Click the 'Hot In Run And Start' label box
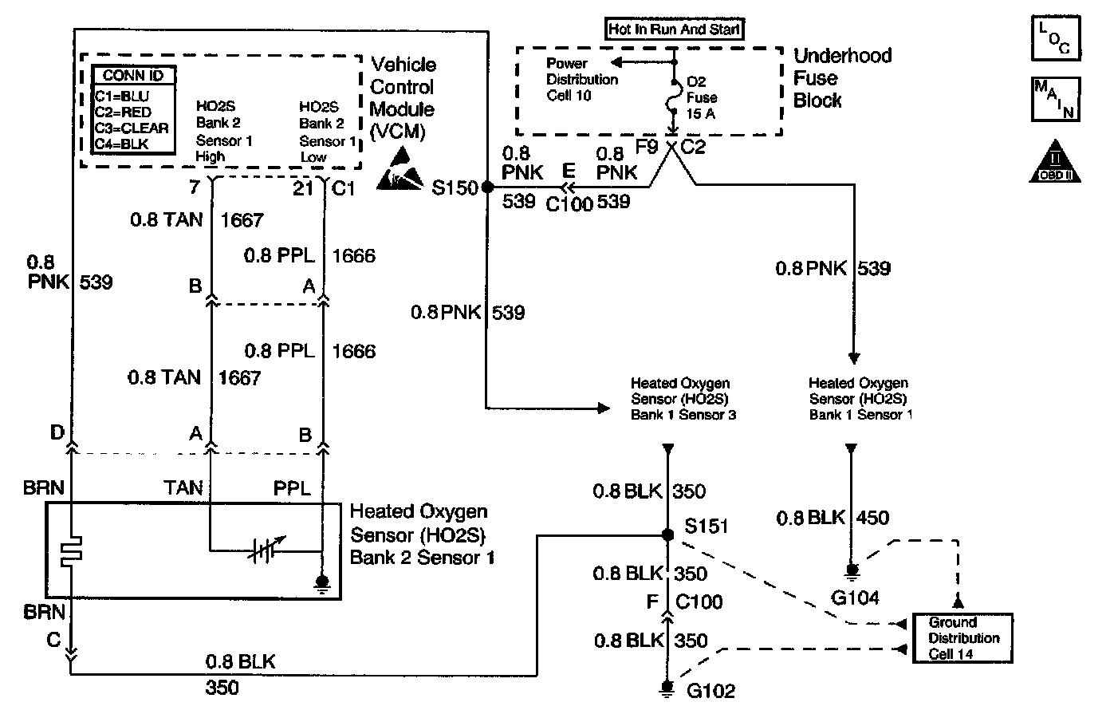coord(674,30)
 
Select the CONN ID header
coord(133,76)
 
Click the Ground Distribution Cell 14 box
coord(962,638)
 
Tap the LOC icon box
coord(1057,39)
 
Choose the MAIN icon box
coord(1057,99)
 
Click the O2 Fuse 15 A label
coord(702,97)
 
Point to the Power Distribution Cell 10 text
coord(581,79)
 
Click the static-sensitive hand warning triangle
coord(400,169)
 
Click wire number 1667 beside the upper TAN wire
coord(242,220)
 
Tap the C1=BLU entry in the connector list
coord(121,97)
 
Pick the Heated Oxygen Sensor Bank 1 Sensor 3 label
coord(683,399)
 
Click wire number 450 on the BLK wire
coord(872,518)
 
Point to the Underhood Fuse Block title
coord(842,77)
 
